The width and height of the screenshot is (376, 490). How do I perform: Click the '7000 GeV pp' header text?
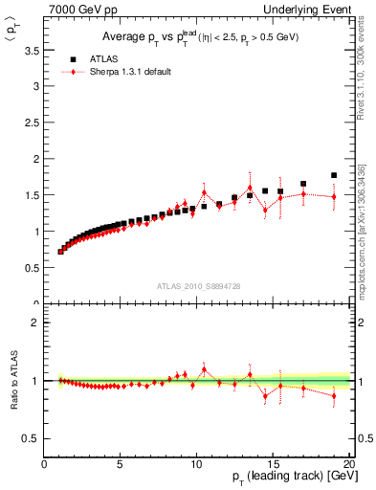click(x=78, y=9)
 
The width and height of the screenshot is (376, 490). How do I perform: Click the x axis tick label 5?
click(x=121, y=465)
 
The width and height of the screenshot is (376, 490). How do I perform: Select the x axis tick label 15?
click(x=273, y=465)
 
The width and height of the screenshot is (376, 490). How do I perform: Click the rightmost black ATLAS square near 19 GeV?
click(x=334, y=175)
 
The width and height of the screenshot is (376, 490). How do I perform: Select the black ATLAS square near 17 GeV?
click(x=303, y=184)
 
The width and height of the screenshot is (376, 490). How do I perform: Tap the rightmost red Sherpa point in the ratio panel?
click(x=334, y=395)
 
